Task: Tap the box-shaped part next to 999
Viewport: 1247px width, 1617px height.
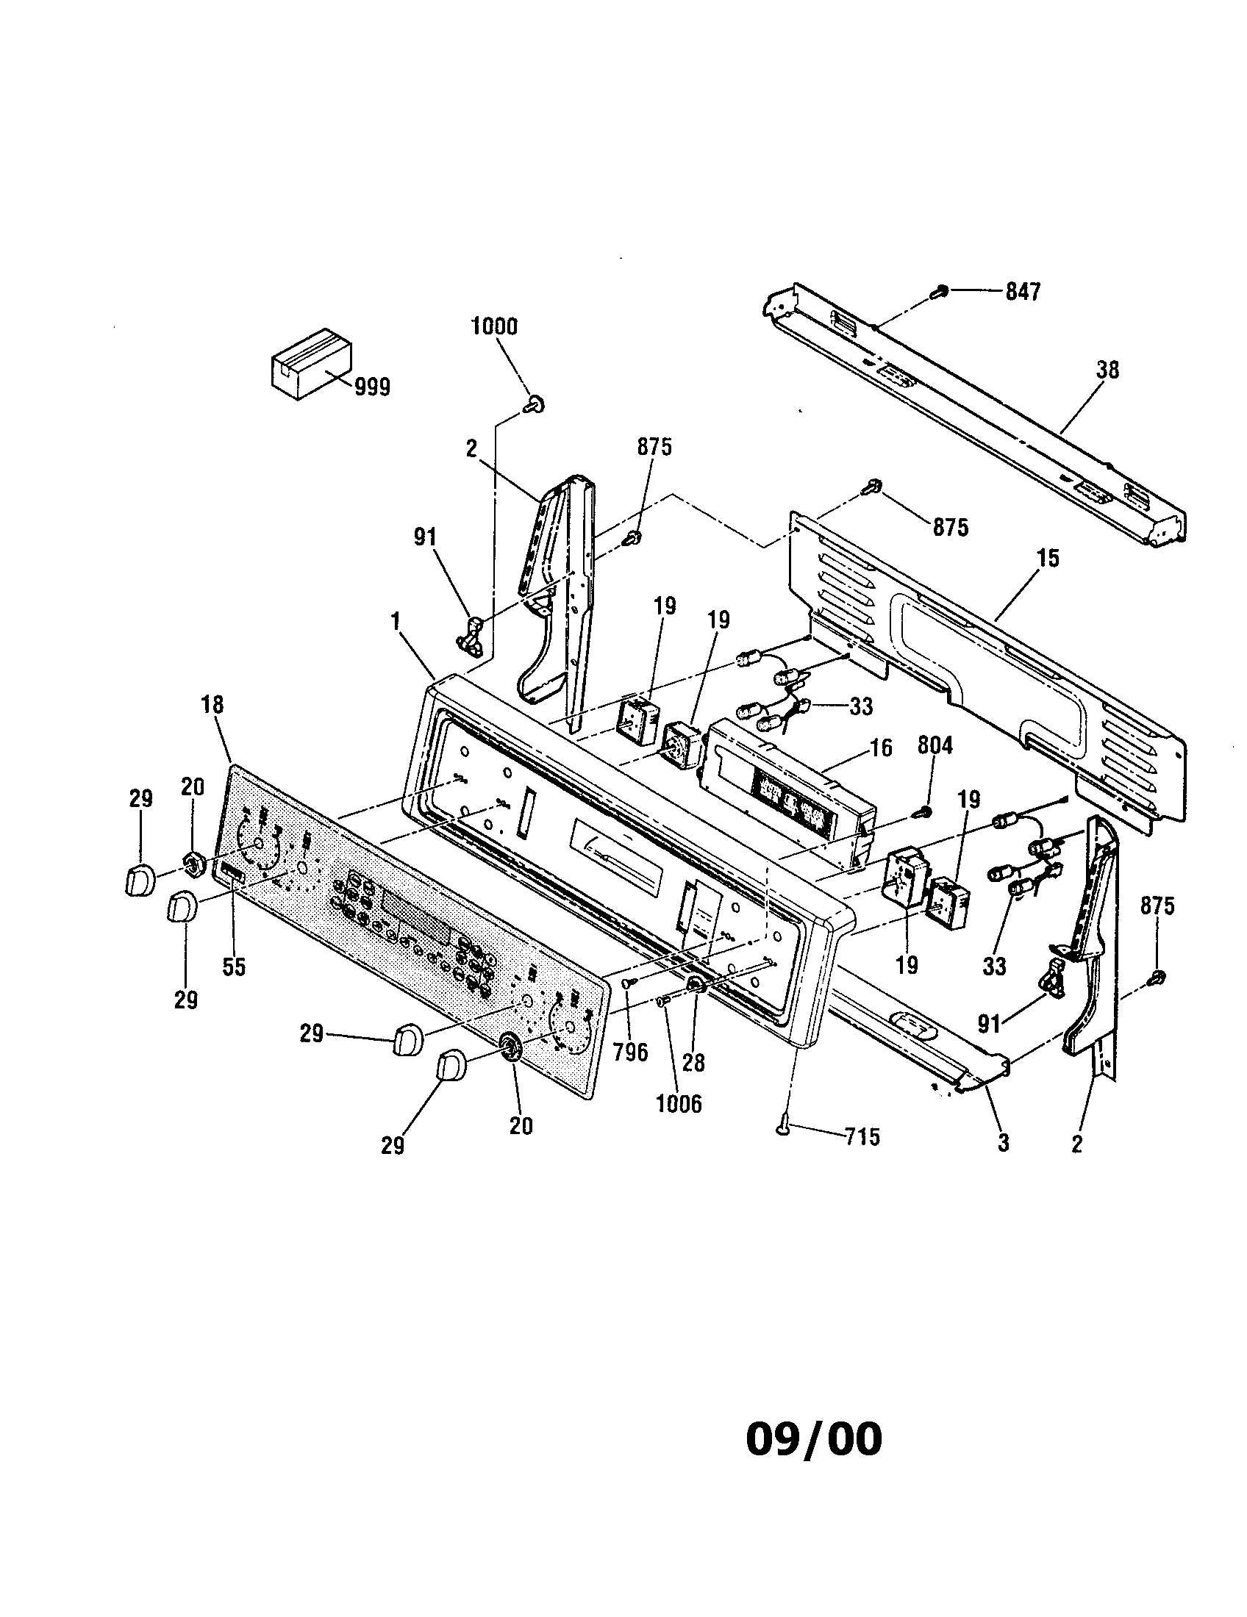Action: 309,364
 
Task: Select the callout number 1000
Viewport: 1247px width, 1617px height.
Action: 494,326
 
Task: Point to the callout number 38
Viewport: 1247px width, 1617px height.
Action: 1107,370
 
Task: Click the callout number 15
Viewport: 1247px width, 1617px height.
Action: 1047,559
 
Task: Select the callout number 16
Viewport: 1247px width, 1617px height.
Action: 879,747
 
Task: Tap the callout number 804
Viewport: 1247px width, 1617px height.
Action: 935,745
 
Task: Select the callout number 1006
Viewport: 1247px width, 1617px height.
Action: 679,1104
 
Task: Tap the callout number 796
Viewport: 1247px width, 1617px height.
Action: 631,1051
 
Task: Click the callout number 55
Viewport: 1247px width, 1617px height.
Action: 234,967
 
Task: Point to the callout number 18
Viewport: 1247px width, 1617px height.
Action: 212,704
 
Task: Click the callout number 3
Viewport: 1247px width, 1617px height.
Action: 1003,1142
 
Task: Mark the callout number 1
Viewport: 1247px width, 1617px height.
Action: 396,621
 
